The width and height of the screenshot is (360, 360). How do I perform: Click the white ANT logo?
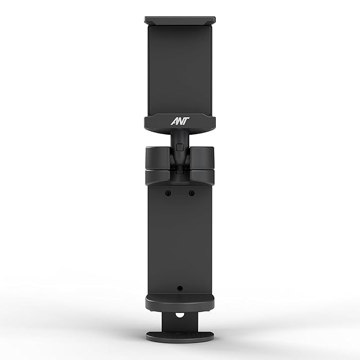180,121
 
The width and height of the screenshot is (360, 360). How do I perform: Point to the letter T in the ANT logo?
186,121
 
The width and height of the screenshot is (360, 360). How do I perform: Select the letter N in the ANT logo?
180,122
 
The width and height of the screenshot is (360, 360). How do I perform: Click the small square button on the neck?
180,147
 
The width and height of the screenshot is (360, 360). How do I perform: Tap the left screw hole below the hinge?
168,194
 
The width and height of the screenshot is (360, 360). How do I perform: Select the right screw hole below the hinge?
191,194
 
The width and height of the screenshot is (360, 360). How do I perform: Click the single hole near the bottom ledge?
180,288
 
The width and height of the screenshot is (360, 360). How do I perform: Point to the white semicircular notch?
180,315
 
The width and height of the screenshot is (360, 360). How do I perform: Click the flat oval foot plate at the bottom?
180,336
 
